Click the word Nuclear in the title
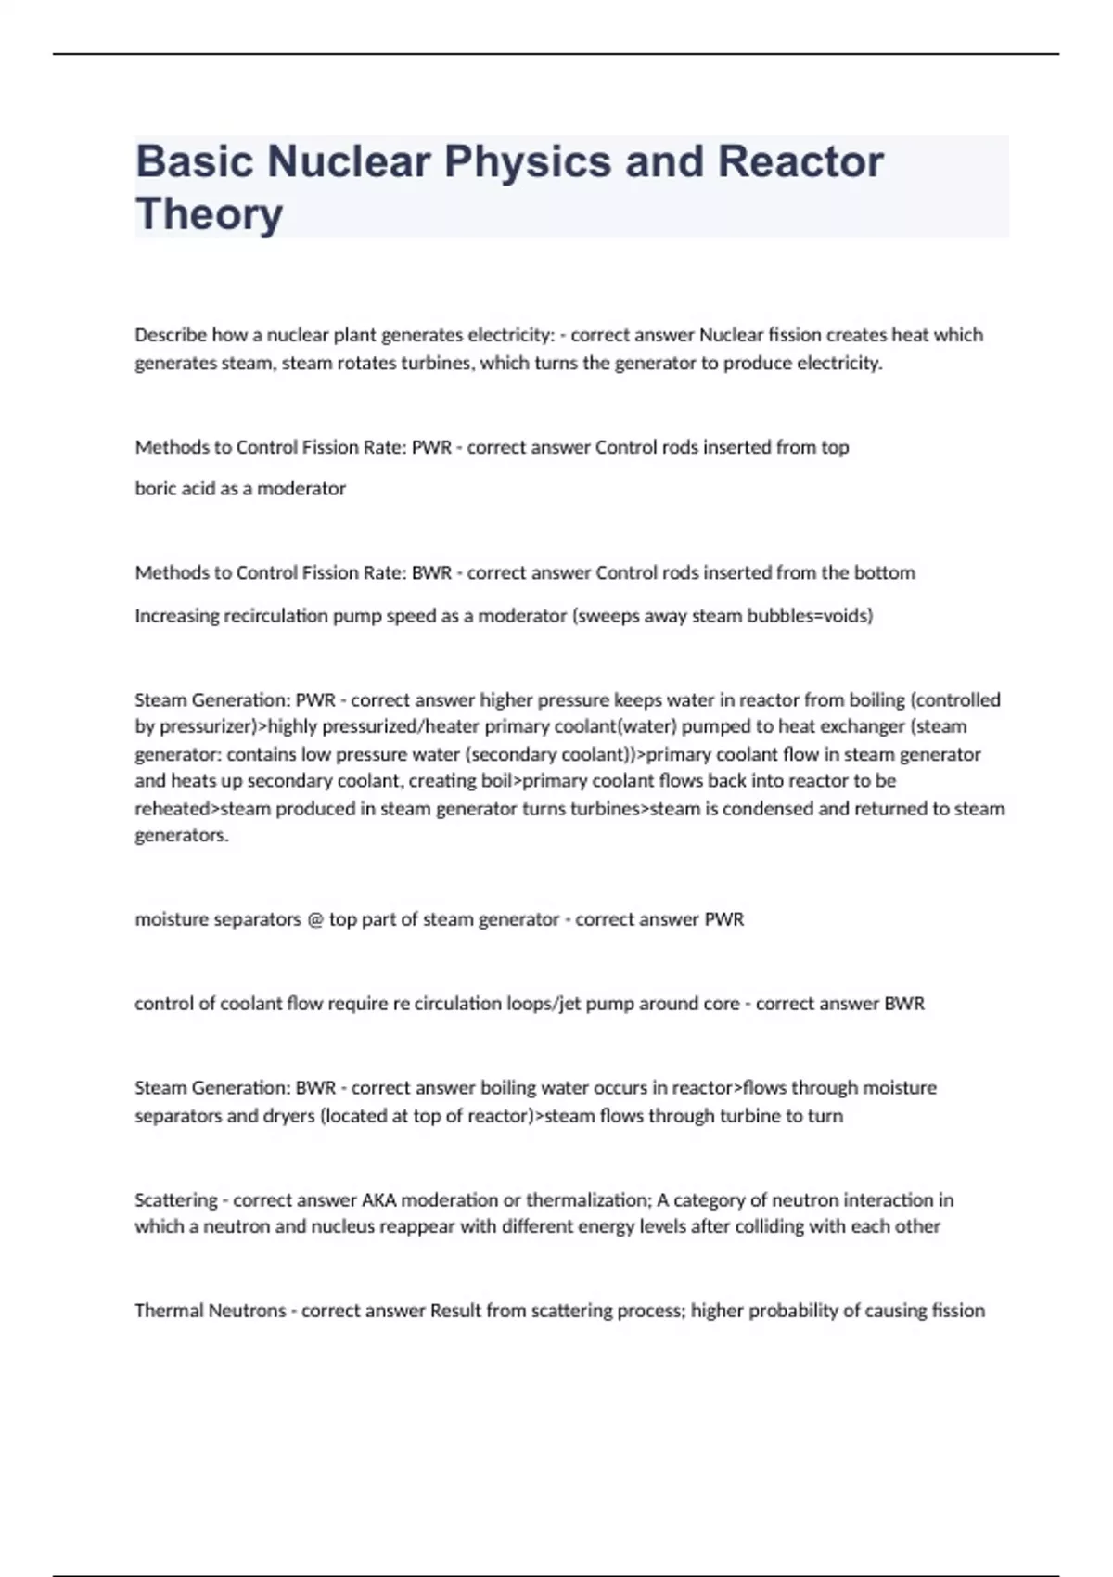[x=349, y=161]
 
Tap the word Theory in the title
[x=209, y=213]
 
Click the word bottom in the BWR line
[x=885, y=573]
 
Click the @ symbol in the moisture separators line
[x=315, y=919]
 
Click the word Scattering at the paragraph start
[x=176, y=1200]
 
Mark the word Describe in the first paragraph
[x=171, y=335]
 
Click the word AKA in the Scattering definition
[x=378, y=1200]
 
